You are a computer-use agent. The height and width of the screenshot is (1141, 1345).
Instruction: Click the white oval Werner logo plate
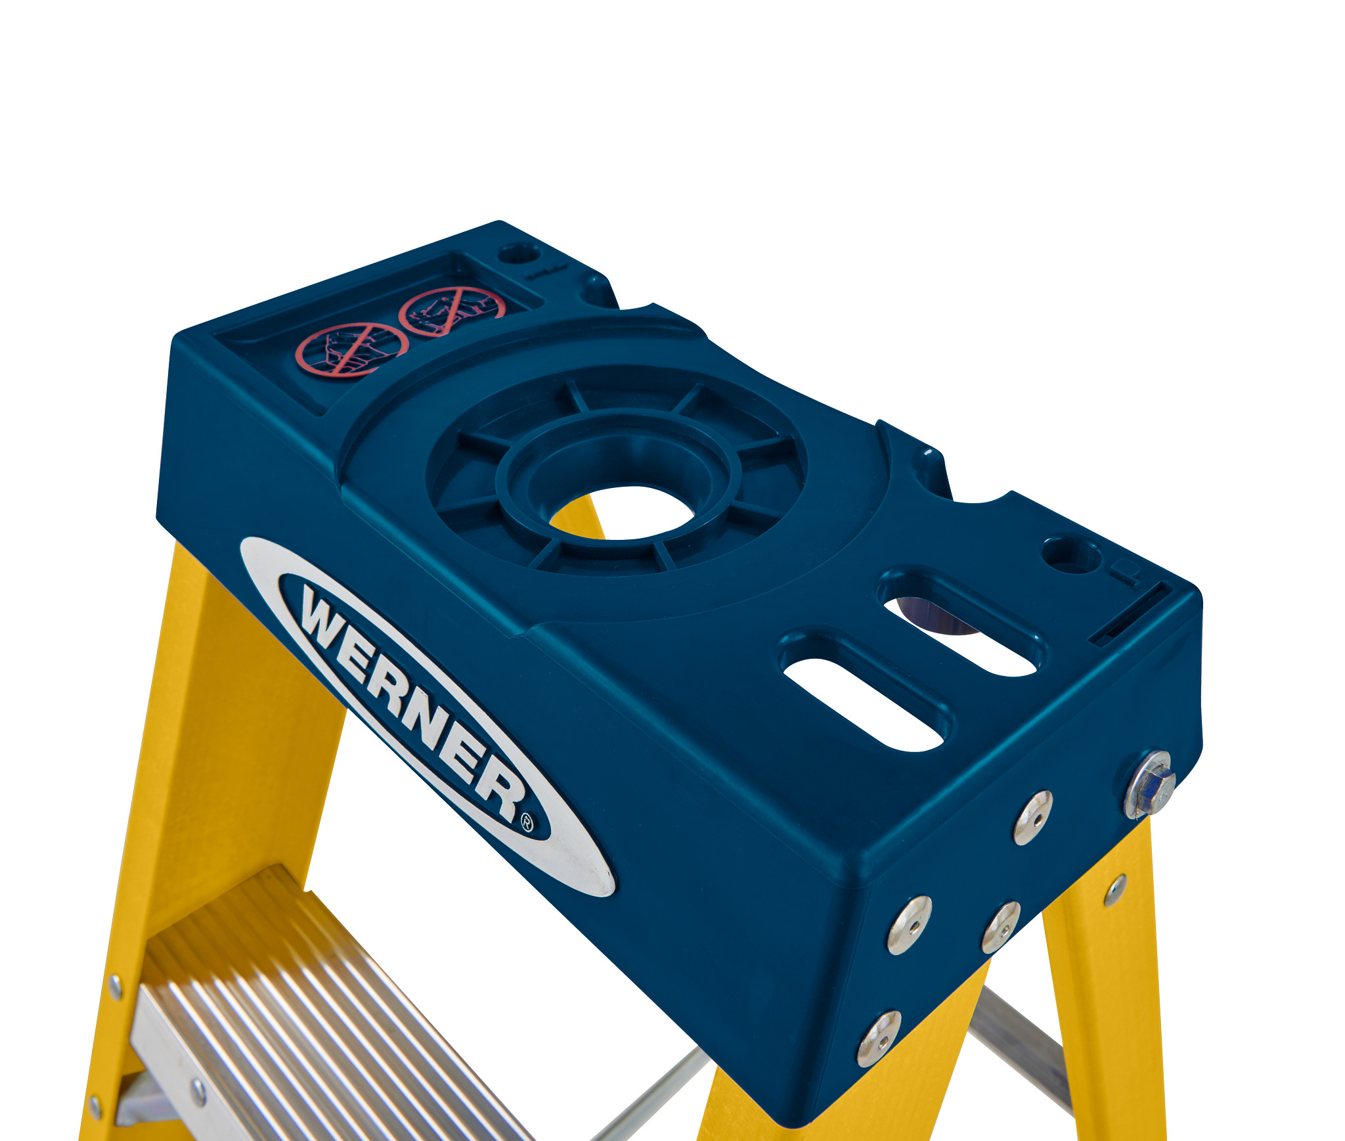coord(427,716)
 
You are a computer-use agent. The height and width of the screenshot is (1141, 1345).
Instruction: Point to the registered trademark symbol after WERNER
coord(527,823)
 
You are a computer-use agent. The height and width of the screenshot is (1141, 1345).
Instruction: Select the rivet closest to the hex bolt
coord(1033,817)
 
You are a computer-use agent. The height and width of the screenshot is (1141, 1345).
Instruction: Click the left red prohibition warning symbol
coord(351,349)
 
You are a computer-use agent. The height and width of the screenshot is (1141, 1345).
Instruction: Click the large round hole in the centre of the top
coord(621,513)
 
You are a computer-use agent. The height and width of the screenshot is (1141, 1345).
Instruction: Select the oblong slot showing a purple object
coord(960,633)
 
